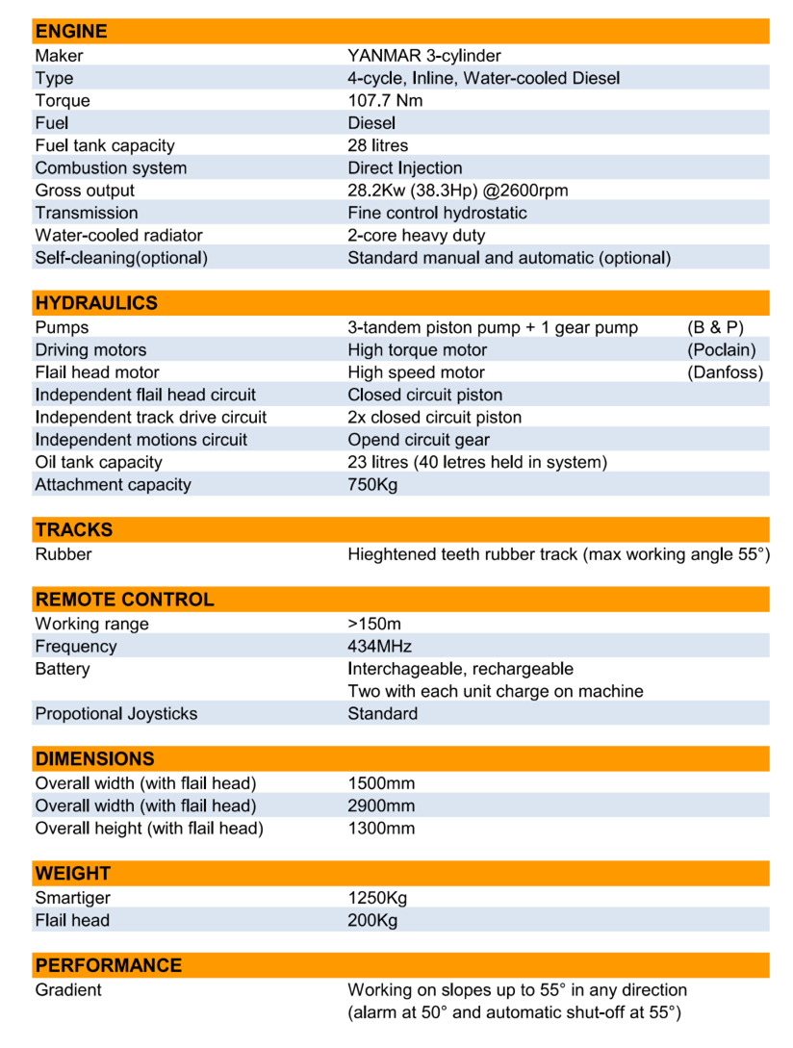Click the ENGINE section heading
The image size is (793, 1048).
(x=71, y=31)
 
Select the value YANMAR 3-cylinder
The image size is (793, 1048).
(x=424, y=56)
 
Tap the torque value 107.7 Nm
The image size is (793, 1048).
(x=385, y=100)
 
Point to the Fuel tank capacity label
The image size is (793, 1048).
(x=105, y=145)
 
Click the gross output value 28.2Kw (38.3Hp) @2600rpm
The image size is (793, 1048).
(x=457, y=190)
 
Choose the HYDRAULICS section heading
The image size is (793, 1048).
(x=96, y=303)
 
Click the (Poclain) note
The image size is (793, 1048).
(x=722, y=349)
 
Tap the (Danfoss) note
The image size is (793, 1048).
(x=725, y=372)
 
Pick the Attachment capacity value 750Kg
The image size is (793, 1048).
(x=372, y=484)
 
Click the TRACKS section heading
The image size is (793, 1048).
(x=74, y=529)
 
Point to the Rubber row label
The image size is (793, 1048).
(x=64, y=554)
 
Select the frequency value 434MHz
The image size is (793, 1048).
(x=379, y=646)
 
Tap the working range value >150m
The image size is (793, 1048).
(x=374, y=624)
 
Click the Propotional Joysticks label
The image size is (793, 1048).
(x=116, y=713)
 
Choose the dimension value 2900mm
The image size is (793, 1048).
(x=381, y=805)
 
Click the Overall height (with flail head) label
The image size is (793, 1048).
(x=149, y=828)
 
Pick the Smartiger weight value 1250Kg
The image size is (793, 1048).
(x=377, y=898)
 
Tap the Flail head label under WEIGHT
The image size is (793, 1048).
(x=72, y=920)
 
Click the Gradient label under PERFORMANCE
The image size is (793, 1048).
(x=68, y=989)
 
